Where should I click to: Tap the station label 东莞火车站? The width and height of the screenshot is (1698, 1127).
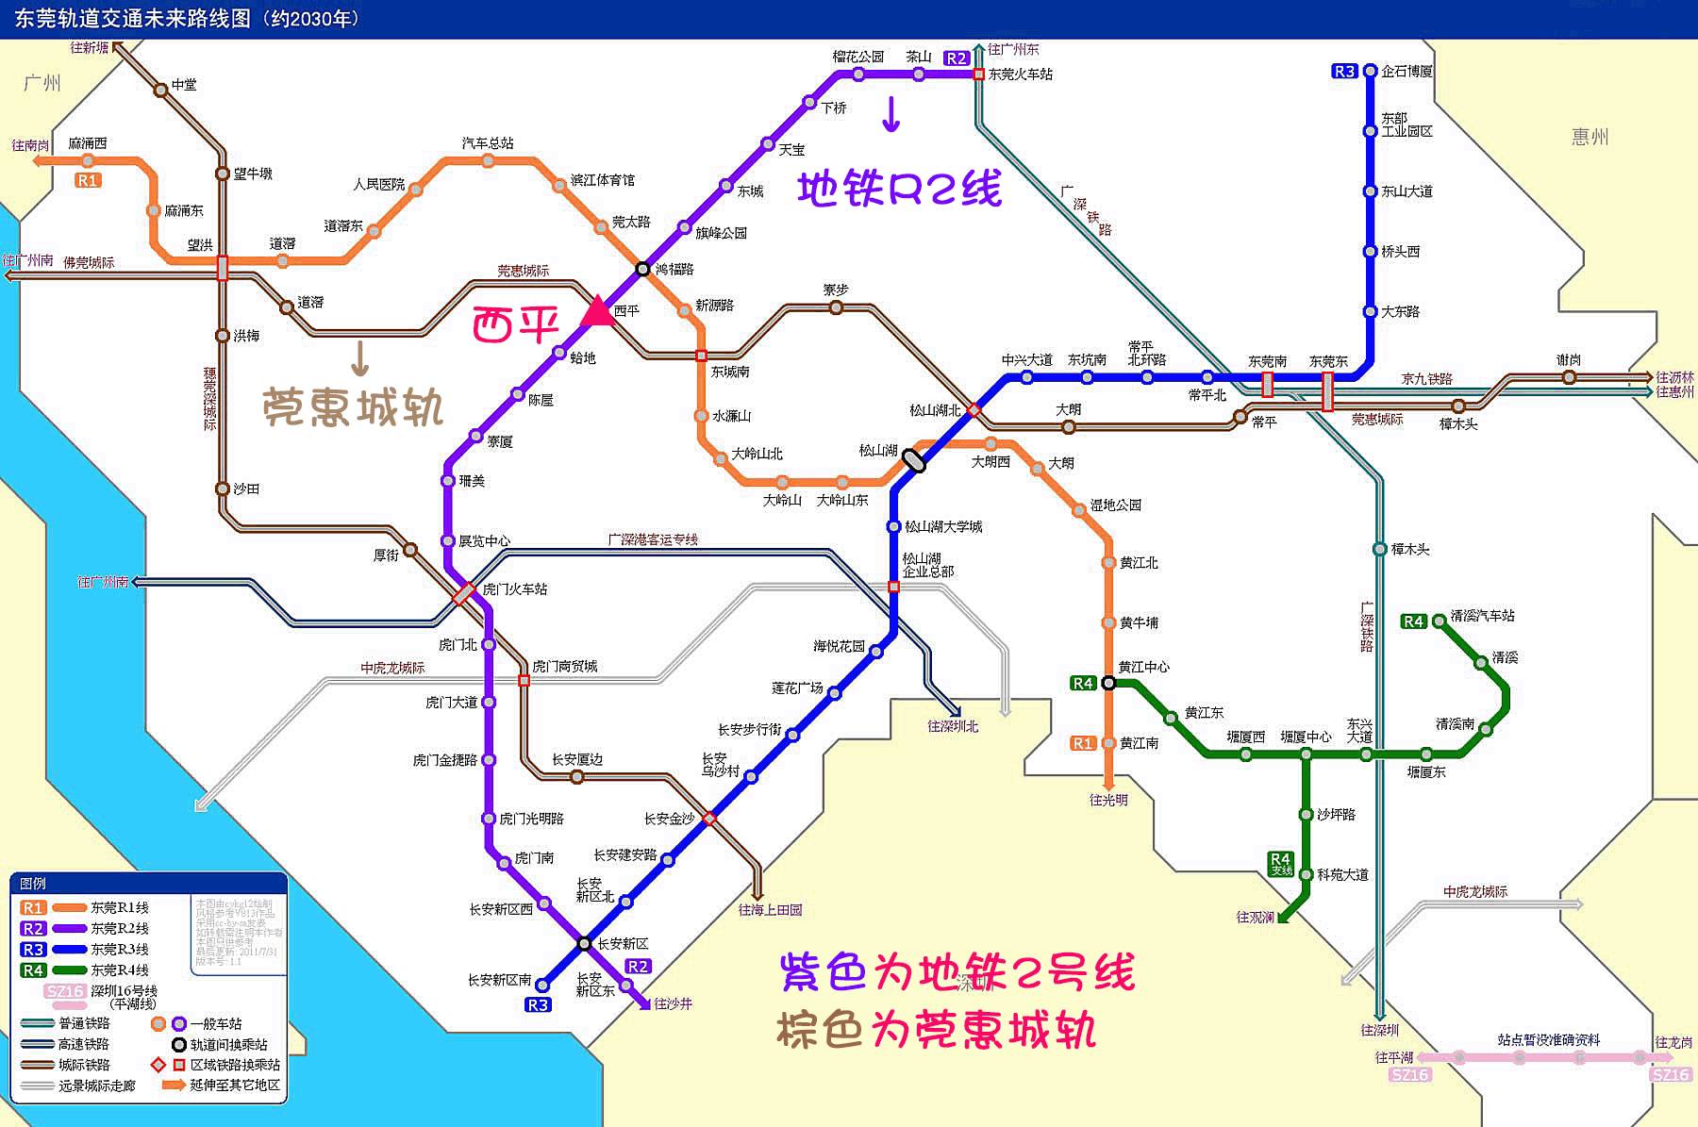coord(1021,75)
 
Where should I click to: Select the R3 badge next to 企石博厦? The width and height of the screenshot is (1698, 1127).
coord(1344,72)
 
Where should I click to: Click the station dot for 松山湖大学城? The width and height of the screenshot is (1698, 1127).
coord(894,527)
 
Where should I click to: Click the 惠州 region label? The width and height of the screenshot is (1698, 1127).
coord(1590,137)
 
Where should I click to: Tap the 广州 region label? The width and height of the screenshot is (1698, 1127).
coord(42,83)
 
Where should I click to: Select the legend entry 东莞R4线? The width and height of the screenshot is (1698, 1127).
coord(120,970)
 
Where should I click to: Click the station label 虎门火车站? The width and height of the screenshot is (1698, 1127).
coord(514,589)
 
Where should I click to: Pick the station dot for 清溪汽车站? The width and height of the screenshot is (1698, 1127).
coord(1439,621)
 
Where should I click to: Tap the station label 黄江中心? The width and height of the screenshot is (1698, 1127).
coord(1143,667)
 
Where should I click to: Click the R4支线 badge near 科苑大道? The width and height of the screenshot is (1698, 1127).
coord(1280,863)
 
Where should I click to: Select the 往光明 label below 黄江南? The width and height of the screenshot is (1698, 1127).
coord(1108,800)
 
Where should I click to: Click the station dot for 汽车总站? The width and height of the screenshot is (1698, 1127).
coord(488,161)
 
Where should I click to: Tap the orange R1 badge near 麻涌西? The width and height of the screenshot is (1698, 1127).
coord(88,180)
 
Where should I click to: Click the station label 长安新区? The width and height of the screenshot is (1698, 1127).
coord(623,943)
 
